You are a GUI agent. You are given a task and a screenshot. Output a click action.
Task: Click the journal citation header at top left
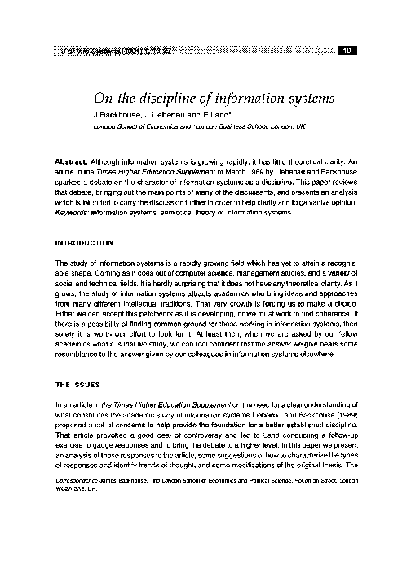pyautogui.click(x=91, y=51)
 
